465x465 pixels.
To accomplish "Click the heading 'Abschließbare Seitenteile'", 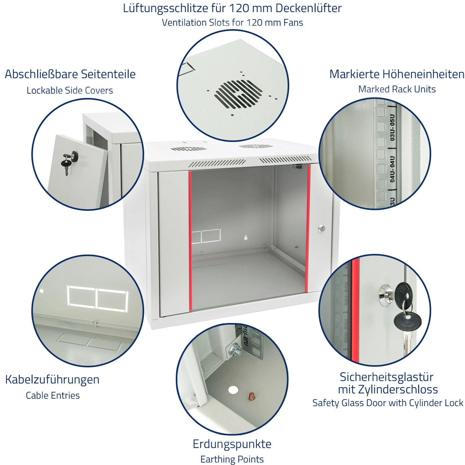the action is coord(70,74).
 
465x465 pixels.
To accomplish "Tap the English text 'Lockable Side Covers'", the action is coord(70,91).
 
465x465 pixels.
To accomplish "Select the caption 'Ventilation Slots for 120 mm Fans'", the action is coord(232,23).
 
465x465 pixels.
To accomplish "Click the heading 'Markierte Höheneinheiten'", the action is coord(397,74).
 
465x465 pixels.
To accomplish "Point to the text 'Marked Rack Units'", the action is coord(397,89).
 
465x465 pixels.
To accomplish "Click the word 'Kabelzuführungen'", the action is coord(52,380).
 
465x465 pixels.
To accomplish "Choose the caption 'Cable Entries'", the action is coord(53,396).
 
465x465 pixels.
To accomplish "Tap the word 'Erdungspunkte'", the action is coord(232,444).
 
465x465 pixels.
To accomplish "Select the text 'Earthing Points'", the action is coord(232,459).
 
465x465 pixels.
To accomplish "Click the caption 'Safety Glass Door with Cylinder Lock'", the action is coord(388,403).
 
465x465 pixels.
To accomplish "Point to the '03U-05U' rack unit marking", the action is coord(393,127).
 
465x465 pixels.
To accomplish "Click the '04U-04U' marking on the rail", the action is coord(393,169).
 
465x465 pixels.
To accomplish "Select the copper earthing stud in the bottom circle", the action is coord(251,396).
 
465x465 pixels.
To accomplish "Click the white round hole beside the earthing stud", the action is coord(233,390).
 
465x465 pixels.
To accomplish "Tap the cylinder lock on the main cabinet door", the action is coord(321,229).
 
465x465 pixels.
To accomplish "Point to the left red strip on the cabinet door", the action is coord(190,241).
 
